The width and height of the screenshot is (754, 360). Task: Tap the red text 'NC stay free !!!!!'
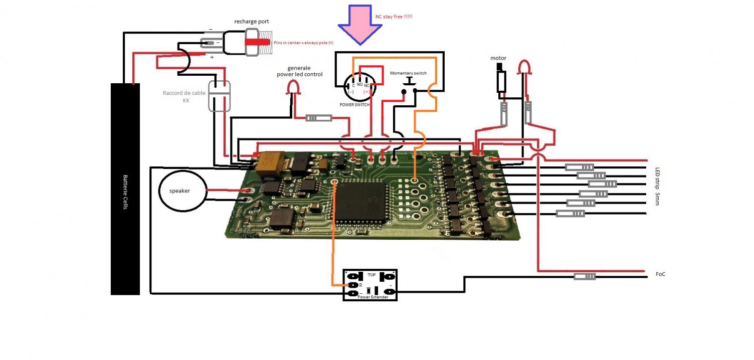coord(394,17)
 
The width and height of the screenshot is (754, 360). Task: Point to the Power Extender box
coord(370,284)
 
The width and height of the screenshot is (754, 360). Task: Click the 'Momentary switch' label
coord(409,73)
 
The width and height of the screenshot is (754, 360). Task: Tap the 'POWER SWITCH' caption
coord(354,105)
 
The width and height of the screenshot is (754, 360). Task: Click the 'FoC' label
coord(660,275)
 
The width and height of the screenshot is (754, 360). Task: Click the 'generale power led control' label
coord(300,71)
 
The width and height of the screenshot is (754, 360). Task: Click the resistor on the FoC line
coord(585,276)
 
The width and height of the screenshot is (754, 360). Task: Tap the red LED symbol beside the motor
coord(525,67)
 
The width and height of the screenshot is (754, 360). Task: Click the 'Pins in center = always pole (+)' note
coord(303,43)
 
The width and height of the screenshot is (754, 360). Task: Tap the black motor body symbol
coord(501,81)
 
